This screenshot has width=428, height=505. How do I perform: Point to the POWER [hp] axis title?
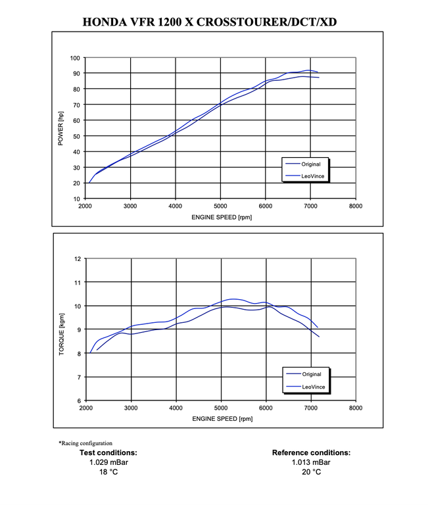point(60,129)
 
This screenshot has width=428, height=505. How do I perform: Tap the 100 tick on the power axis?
point(76,58)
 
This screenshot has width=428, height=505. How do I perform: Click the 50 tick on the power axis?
point(77,136)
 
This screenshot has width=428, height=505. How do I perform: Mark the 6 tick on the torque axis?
point(79,400)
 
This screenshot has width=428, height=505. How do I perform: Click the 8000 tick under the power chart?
point(356,206)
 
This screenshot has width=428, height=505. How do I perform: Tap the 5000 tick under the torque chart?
point(220,408)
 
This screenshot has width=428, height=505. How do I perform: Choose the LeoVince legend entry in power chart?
point(312,176)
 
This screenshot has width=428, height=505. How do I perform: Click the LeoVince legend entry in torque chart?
point(312,387)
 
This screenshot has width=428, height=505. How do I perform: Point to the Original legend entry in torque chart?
point(311,375)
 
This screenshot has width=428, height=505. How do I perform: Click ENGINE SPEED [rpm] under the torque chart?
point(222,418)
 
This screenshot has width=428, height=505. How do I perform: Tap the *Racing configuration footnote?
point(85,443)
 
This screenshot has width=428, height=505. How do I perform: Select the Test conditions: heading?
point(108,452)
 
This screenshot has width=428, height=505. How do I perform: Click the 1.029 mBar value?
point(108,462)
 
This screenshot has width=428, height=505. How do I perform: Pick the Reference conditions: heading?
point(311,452)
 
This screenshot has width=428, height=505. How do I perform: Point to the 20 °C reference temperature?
point(311,472)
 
